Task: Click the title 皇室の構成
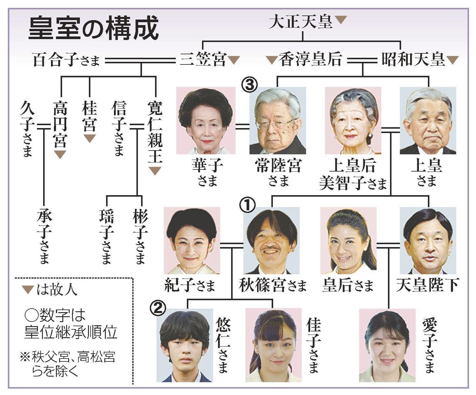[94, 28]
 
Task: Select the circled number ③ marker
[249, 84]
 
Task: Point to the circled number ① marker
[247, 205]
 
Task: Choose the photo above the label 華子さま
[206, 121]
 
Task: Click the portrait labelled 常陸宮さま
[277, 121]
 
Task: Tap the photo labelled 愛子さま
[387, 345]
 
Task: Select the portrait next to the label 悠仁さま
[185, 345]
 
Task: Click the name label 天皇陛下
[427, 285]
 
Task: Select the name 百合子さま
[66, 60]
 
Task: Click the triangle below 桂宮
[89, 138]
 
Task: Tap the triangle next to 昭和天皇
[452, 60]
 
